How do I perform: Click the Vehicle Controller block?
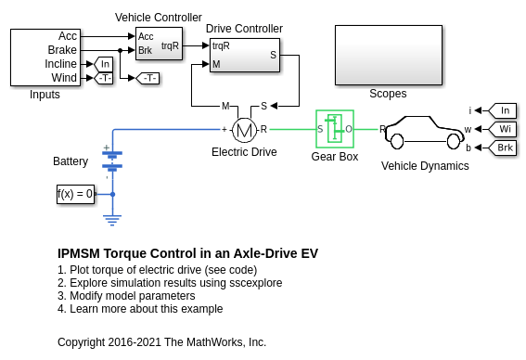click(159, 44)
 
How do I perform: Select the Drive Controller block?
click(245, 55)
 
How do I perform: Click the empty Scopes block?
click(389, 55)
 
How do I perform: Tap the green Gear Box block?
click(335, 129)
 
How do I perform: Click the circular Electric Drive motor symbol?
click(244, 130)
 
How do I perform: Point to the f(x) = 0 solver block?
click(75, 194)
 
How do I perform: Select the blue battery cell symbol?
click(112, 160)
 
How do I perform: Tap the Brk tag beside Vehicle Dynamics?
click(503, 148)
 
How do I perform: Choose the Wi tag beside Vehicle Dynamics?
click(503, 129)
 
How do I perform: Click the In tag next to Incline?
click(104, 64)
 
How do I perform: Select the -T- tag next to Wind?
click(104, 78)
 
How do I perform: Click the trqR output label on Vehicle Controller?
click(170, 45)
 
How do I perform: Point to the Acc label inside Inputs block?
click(68, 36)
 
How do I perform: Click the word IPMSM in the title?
click(79, 253)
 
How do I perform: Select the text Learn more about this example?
click(147, 309)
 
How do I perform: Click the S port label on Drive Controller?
click(274, 55)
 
